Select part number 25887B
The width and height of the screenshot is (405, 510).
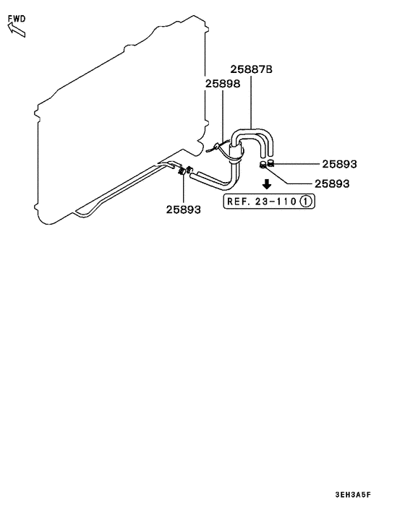click(x=252, y=70)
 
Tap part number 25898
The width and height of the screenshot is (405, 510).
click(x=221, y=85)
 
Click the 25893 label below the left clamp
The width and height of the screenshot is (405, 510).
click(x=183, y=209)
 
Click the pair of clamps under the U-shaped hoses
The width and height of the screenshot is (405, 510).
click(x=267, y=164)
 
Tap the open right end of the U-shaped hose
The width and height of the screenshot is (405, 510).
click(x=269, y=155)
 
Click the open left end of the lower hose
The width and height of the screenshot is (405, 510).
click(x=192, y=172)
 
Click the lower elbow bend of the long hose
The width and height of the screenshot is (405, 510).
click(x=230, y=181)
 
